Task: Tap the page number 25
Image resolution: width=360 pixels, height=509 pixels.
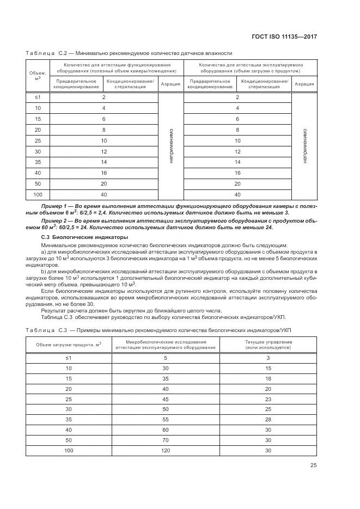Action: coord(314,465)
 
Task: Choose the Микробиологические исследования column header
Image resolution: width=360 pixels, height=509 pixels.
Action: coord(166,345)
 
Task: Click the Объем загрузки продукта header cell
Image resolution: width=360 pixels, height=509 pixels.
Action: coord(69,345)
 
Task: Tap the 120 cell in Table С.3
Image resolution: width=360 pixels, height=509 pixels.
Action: coord(166,451)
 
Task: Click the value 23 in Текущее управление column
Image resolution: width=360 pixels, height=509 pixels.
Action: coord(268,399)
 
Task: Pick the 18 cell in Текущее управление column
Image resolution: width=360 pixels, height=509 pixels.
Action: coord(268,378)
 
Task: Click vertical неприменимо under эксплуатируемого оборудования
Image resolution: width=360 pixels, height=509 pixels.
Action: coord(304,146)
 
